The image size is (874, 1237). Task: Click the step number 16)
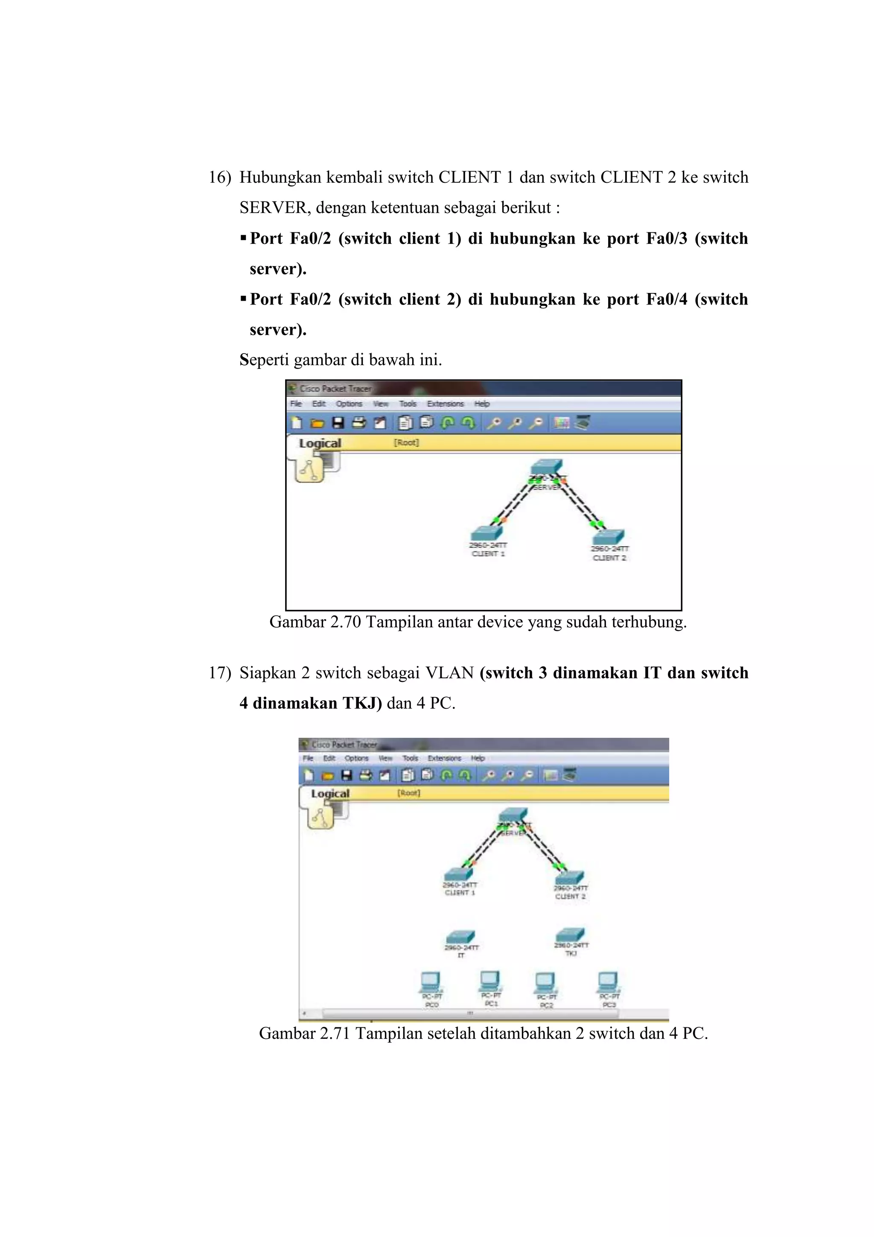pos(220,177)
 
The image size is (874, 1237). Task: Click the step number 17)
pos(220,673)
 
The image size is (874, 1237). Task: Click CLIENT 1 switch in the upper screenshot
pos(487,533)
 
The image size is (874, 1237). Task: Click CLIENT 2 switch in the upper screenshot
pos(609,537)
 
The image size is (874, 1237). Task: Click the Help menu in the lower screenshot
pos(478,758)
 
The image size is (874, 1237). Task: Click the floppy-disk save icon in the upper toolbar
pos(338,423)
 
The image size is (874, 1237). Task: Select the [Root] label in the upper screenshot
pos(406,442)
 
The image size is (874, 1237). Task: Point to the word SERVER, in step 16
pos(275,208)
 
